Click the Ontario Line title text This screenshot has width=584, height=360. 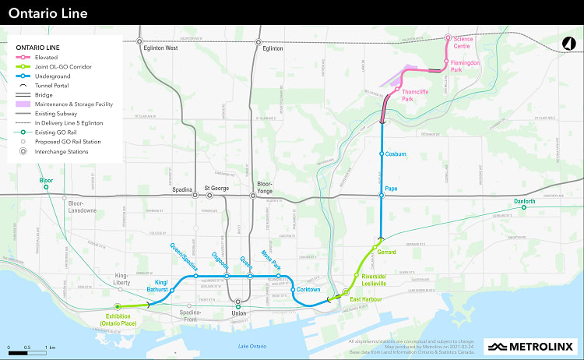coord(48,13)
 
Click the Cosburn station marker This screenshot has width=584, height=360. coord(382,154)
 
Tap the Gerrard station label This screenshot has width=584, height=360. coord(387,252)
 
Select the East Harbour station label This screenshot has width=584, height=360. coord(364,300)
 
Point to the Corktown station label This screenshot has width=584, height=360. coord(308,290)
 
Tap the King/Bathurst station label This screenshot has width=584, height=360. coord(161,285)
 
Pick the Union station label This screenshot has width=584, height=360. coord(238,315)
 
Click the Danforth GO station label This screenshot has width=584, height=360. coord(524,202)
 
